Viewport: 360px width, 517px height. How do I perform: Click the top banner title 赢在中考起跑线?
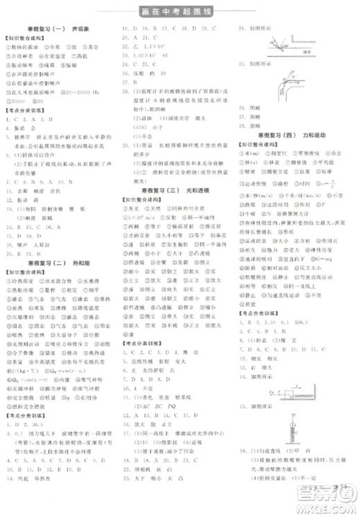[x=179, y=10]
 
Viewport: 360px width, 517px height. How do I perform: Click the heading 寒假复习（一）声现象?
[x=55, y=27]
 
